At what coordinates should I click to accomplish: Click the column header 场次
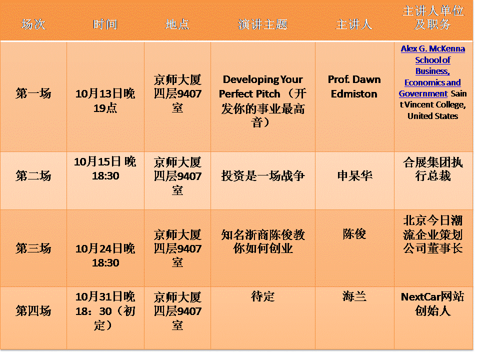tap(33, 24)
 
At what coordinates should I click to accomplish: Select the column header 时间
tap(105, 24)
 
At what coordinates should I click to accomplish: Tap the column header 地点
tap(177, 24)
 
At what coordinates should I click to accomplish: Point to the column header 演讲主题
tap(262, 24)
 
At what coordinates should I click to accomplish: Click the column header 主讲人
tap(354, 24)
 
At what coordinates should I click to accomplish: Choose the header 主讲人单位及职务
tap(433, 18)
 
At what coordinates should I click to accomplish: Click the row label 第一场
tap(33, 93)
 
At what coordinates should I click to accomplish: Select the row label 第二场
tap(33, 176)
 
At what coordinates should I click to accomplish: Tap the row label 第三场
tap(33, 248)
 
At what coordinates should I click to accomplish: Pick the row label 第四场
tap(33, 311)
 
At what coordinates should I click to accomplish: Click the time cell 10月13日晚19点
tap(105, 100)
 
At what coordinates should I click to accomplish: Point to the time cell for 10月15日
tap(105, 168)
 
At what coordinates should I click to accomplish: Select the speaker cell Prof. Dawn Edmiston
tap(354, 86)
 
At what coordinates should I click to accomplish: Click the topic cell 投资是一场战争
tap(262, 176)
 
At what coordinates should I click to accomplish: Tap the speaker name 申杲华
tap(354, 176)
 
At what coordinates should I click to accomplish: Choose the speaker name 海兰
tap(354, 296)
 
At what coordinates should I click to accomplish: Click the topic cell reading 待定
tap(262, 296)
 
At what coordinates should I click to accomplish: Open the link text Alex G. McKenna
tap(433, 48)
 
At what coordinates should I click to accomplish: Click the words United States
tap(433, 116)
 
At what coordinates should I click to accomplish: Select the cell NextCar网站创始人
tap(433, 303)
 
